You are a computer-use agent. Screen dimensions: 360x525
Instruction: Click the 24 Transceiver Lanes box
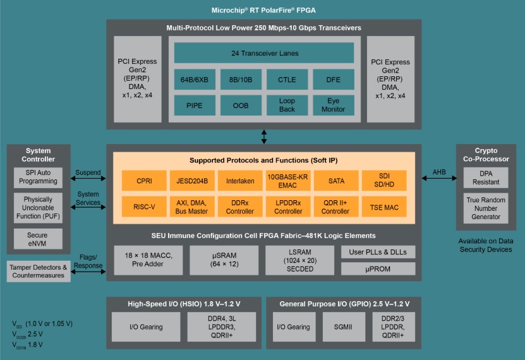(x=264, y=53)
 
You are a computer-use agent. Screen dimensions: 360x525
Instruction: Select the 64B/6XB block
(x=195, y=80)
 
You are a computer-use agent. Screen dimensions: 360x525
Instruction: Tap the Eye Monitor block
(x=333, y=105)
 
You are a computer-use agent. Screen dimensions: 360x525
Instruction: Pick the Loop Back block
(x=287, y=105)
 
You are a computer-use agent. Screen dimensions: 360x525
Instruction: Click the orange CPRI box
(x=144, y=181)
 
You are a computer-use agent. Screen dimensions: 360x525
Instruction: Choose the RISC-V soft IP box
(x=144, y=207)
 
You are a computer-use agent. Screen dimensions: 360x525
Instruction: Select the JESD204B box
(x=192, y=181)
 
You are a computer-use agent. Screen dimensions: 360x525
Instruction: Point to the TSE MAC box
(x=384, y=207)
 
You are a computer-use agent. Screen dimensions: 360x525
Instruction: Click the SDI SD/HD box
(x=384, y=181)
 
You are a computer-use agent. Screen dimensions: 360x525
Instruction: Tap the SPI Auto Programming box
(x=39, y=177)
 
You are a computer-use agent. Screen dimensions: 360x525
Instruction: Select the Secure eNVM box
(x=39, y=239)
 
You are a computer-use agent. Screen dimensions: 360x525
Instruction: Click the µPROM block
(x=378, y=268)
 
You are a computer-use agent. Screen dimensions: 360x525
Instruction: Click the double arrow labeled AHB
(x=438, y=179)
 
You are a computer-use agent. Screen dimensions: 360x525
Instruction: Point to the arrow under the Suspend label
(x=88, y=179)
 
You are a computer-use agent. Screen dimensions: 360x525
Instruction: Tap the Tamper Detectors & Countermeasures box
(x=39, y=271)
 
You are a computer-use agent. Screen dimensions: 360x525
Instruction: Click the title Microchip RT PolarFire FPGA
(x=263, y=9)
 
